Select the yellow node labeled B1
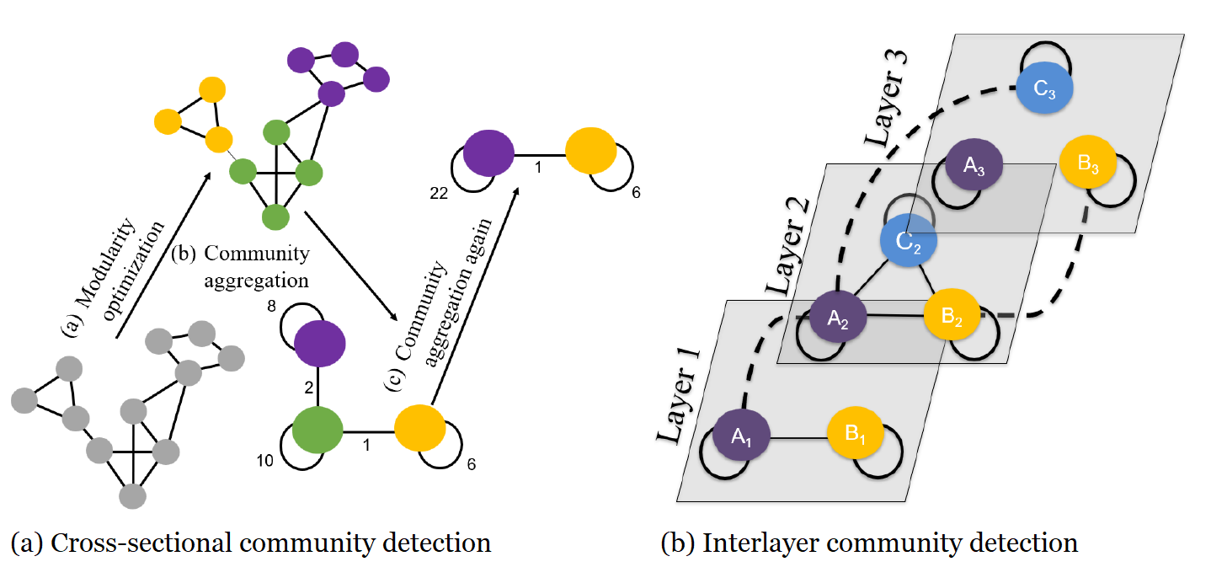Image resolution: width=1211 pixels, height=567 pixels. coord(853,435)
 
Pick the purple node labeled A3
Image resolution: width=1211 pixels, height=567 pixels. coord(969,165)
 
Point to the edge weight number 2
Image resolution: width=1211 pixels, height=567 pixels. coord(309,387)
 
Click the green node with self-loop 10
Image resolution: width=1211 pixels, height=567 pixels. coord(317,429)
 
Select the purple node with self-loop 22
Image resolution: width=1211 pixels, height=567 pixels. coord(488,152)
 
